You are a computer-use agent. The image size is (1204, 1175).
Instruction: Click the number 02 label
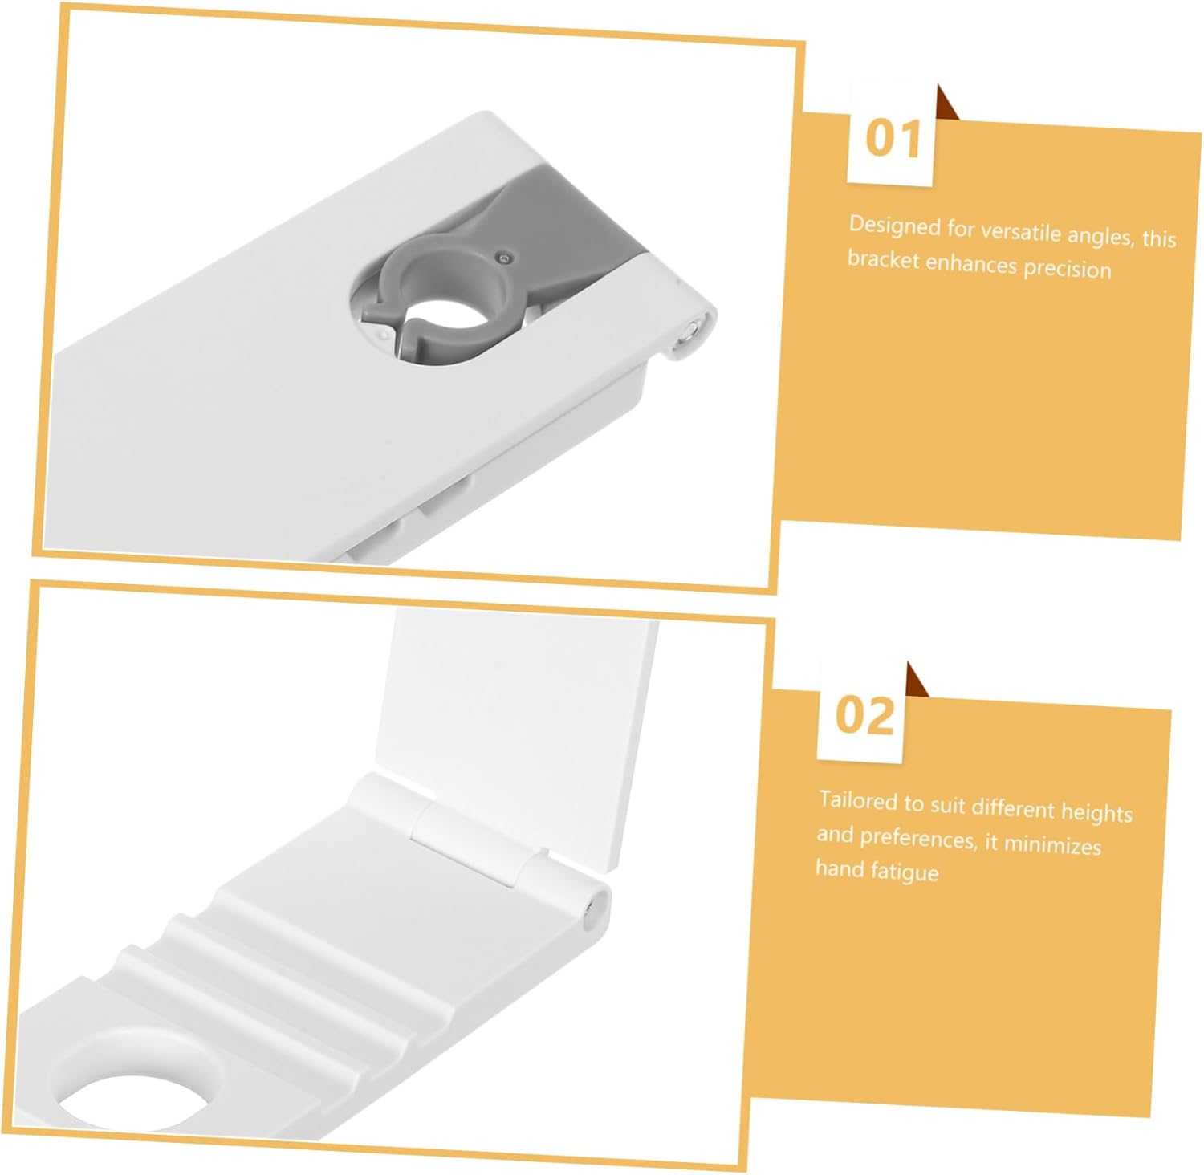pyautogui.click(x=864, y=714)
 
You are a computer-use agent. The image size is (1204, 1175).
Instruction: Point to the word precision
pyautogui.click(x=1068, y=268)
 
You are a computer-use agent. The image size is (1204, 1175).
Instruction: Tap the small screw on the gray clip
pyautogui.click(x=503, y=258)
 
